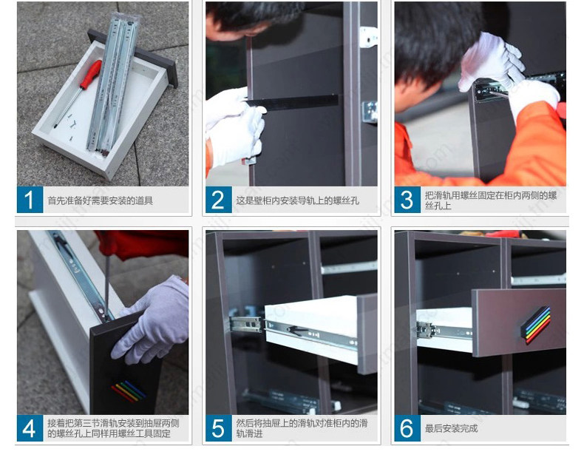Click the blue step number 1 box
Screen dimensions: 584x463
(x=30, y=200)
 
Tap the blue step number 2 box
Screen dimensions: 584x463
(x=219, y=200)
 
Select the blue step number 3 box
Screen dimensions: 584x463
(x=407, y=200)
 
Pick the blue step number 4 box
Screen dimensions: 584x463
(x=30, y=428)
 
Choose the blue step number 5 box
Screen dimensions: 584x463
(x=219, y=428)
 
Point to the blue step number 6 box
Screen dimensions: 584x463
(x=407, y=428)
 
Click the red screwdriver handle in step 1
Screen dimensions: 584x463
(x=90, y=75)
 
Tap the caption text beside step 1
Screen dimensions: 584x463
(x=101, y=200)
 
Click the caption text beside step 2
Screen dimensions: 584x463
(x=297, y=200)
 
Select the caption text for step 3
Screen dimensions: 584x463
(x=491, y=200)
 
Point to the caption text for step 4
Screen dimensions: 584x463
(x=113, y=428)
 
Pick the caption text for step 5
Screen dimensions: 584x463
(x=302, y=428)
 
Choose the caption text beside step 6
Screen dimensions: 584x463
(x=451, y=428)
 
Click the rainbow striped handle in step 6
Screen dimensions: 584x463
(x=536, y=325)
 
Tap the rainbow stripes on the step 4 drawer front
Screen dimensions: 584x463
(x=129, y=391)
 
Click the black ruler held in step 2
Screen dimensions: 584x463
(x=291, y=102)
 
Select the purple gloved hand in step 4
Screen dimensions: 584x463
(x=154, y=320)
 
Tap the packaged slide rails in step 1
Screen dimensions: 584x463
(x=114, y=82)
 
